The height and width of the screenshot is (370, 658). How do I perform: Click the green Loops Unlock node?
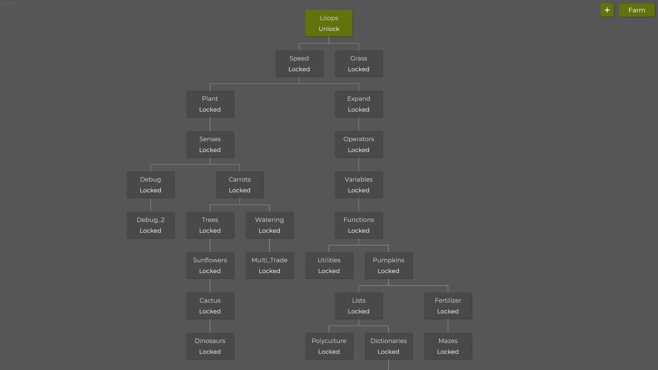(329, 23)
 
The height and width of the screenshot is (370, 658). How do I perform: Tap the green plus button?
(607, 10)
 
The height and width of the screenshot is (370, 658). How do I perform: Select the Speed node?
(299, 64)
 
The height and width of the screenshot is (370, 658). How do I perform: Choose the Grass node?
(359, 64)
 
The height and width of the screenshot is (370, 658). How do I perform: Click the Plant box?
(210, 104)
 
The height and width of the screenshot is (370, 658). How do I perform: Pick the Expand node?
(359, 104)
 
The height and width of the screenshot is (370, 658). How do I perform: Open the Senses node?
(210, 145)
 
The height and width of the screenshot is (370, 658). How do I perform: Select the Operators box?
(359, 145)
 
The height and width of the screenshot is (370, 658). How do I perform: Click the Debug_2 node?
(150, 225)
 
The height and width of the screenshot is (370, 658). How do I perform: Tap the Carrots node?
(240, 185)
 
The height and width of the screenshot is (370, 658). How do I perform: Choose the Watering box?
(269, 225)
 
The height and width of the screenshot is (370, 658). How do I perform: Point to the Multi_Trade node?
(269, 266)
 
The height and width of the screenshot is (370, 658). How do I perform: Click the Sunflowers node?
(210, 266)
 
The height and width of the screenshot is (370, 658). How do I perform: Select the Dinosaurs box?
(210, 346)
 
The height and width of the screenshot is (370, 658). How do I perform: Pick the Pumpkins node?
(389, 266)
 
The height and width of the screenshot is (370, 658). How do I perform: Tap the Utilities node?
(329, 266)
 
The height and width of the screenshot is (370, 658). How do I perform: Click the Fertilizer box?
(448, 306)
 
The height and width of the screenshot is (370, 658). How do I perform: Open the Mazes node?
(448, 346)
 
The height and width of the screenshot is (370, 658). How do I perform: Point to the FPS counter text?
(8, 3)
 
